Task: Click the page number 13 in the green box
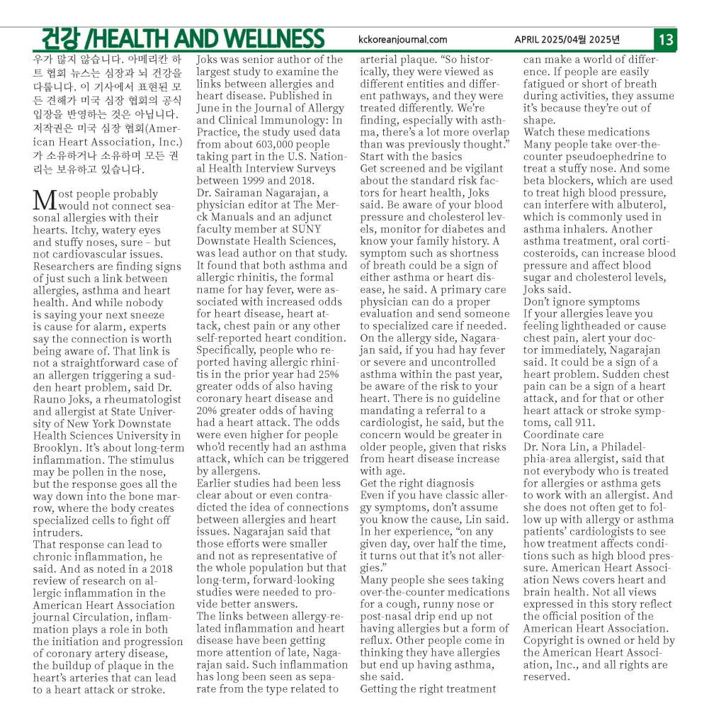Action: click(666, 38)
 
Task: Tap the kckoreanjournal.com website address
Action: click(403, 40)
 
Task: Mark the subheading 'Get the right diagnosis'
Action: click(417, 483)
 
